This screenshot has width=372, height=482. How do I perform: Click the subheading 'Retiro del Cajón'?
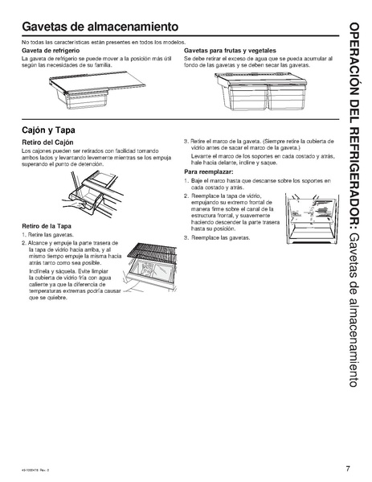pos(49,143)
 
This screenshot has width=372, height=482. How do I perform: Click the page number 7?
pos(348,468)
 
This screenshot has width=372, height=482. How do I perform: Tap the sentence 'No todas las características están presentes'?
pos(104,42)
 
